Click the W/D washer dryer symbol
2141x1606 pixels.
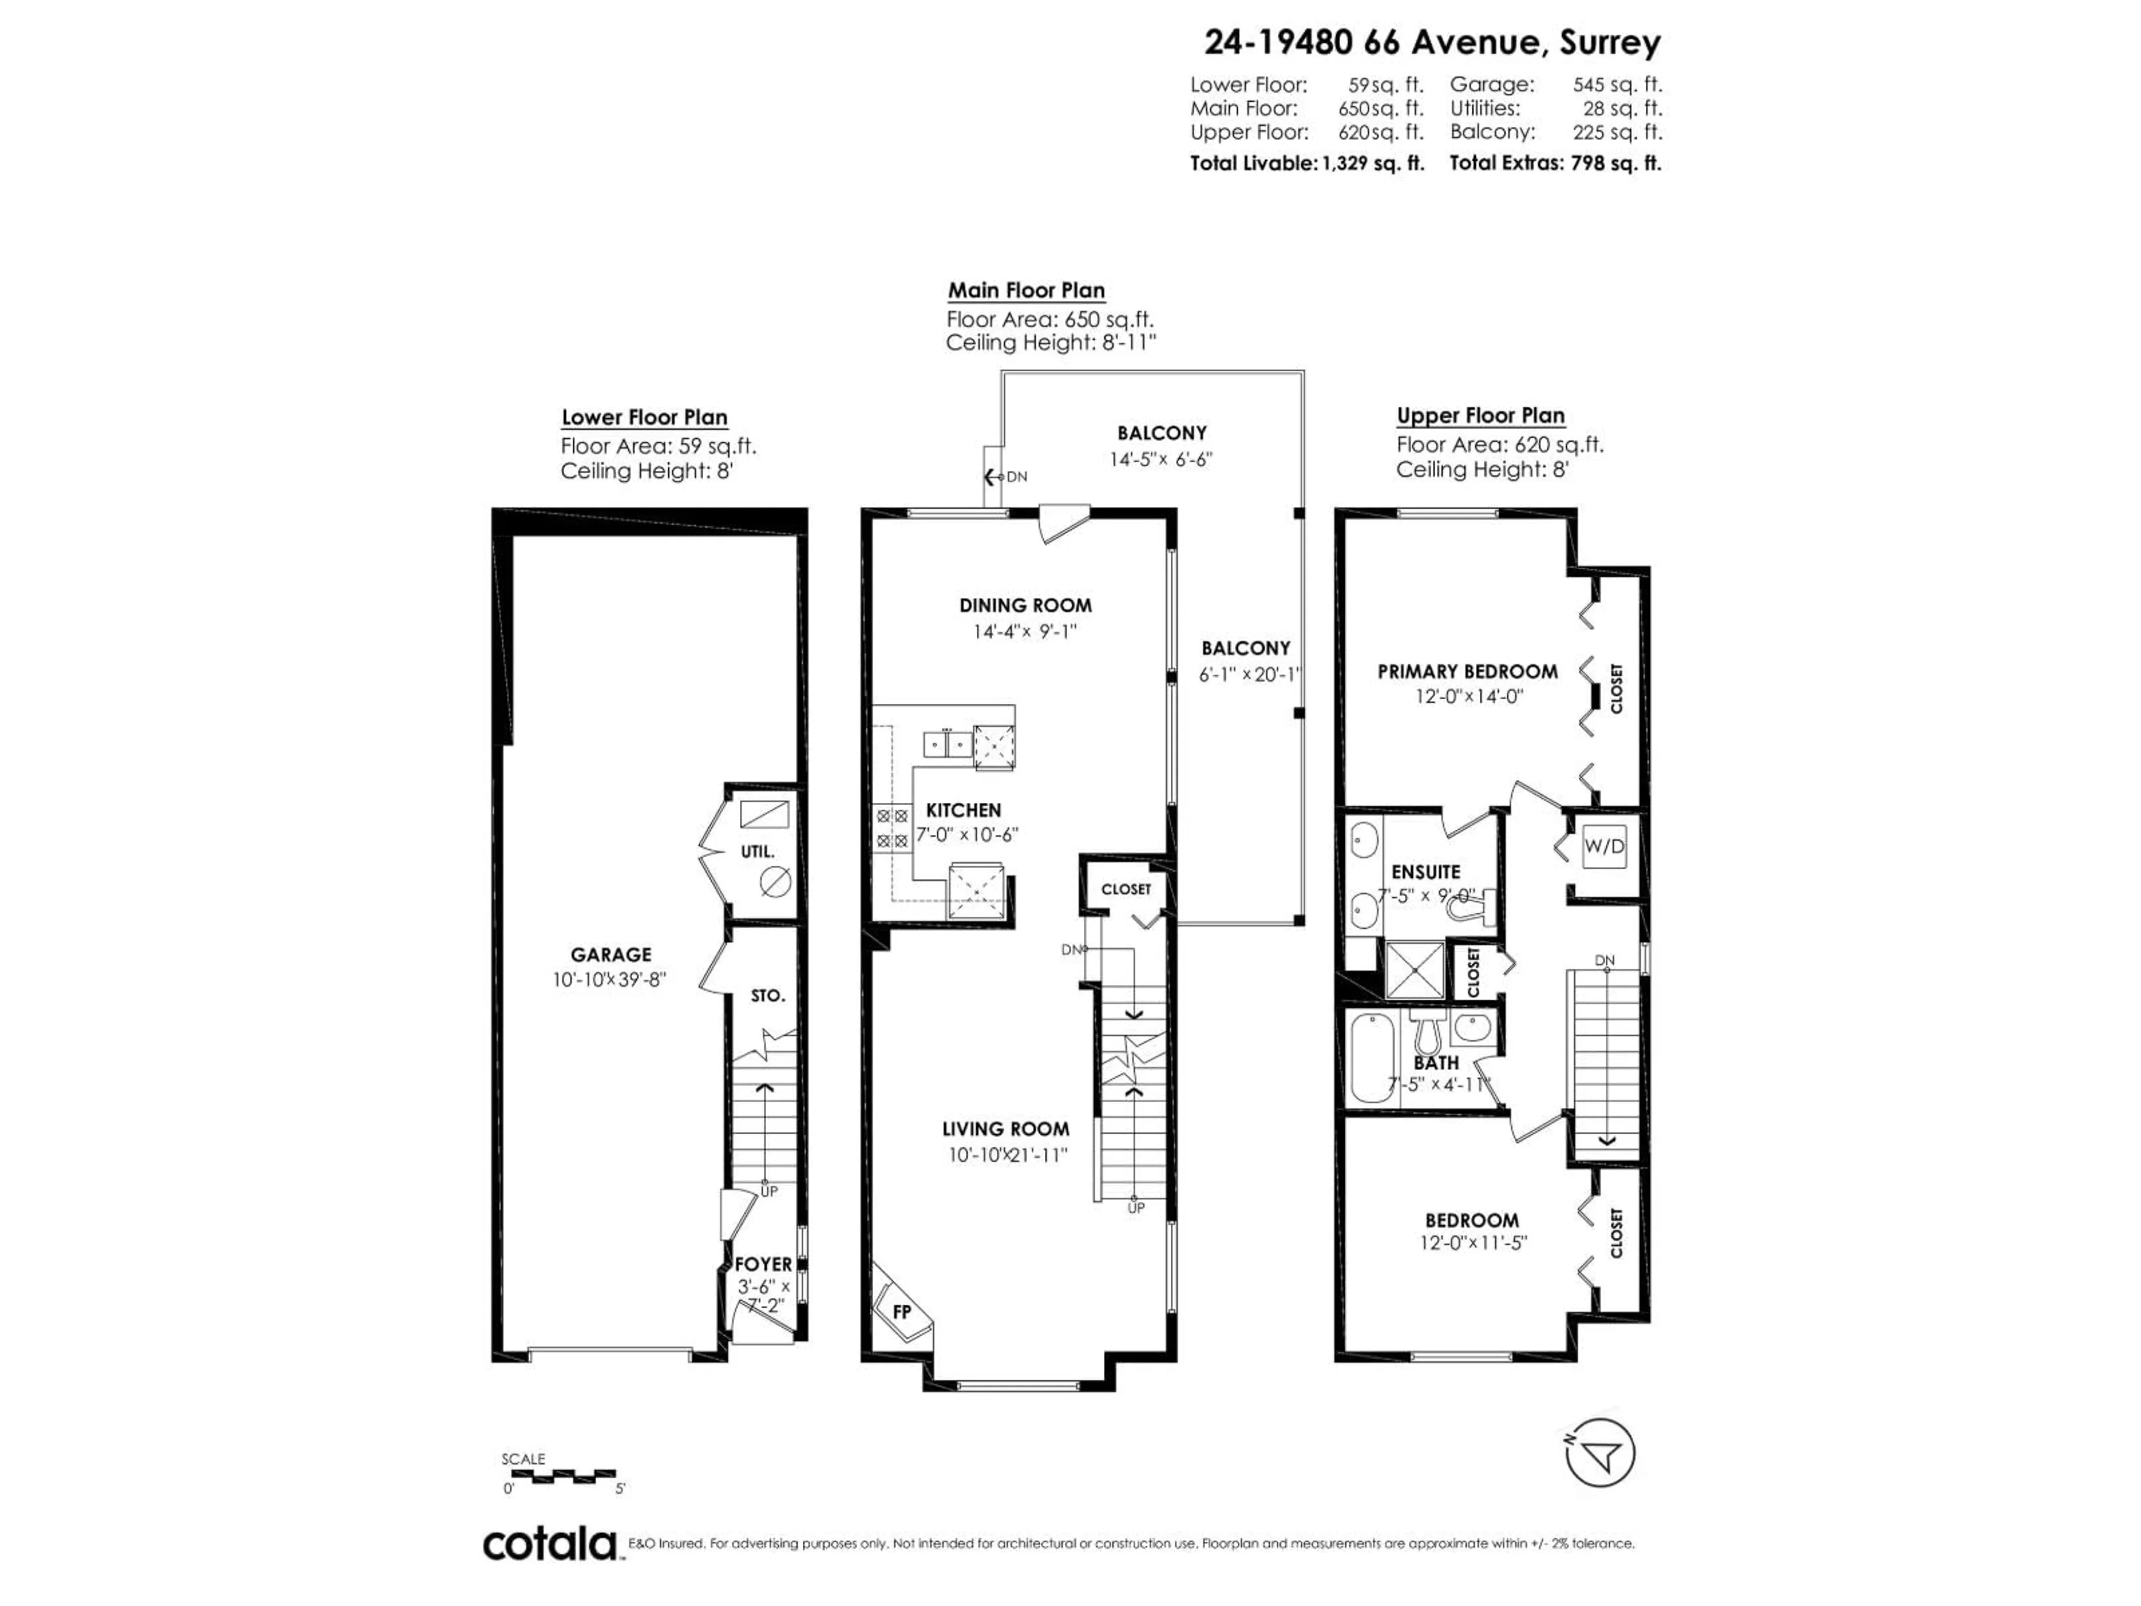coord(1604,846)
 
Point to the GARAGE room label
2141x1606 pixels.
coord(611,955)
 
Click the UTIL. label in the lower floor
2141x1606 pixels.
coord(757,852)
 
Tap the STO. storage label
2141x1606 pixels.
coord(768,995)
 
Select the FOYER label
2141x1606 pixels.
coord(763,1264)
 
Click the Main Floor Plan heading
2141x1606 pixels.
coord(1026,291)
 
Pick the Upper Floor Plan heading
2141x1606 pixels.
coord(1480,415)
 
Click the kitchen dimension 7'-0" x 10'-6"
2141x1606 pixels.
coord(967,834)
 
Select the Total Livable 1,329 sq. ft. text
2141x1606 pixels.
coord(1307,163)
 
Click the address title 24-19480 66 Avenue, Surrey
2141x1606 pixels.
coord(1432,42)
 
